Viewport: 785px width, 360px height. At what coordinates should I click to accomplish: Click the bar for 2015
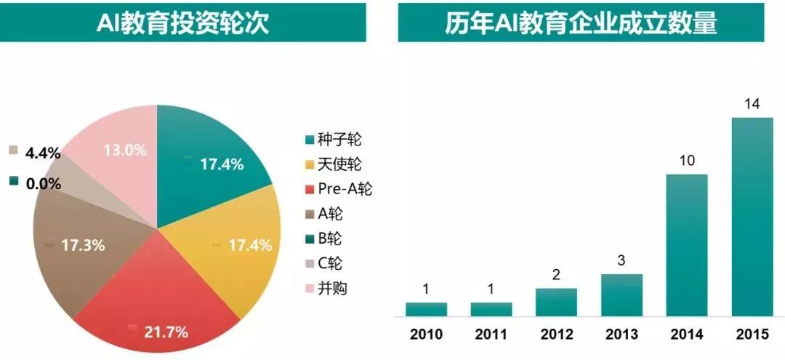752,217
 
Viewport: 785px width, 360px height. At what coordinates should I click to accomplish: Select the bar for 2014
687,245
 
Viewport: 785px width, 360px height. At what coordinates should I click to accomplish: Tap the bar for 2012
556,302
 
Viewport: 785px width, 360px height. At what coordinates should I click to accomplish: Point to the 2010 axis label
425,336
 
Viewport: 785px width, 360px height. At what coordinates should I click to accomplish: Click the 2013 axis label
621,336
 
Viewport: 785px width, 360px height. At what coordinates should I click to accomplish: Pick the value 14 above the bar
752,104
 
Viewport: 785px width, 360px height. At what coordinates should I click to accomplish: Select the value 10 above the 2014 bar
687,161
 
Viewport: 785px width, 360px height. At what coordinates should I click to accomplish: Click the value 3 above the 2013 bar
621,261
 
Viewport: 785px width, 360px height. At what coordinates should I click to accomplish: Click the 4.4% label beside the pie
43,153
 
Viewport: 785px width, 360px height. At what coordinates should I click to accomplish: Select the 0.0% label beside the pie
43,183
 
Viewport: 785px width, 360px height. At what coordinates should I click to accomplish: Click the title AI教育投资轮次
182,24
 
